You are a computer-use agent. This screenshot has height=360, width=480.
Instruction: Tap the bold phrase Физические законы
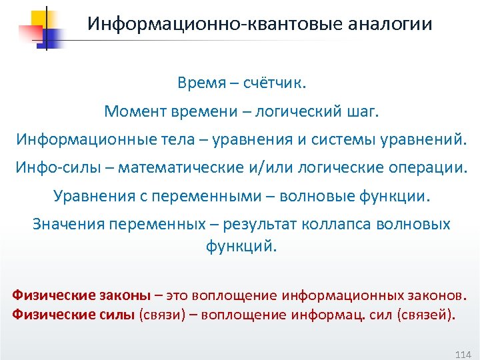(x=81, y=295)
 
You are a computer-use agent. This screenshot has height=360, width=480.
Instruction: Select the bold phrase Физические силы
(x=73, y=315)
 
